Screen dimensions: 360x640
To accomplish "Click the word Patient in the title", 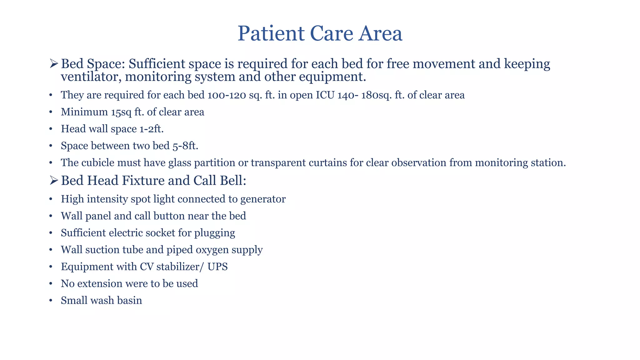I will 271,33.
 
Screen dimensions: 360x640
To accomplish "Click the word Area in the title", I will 380,33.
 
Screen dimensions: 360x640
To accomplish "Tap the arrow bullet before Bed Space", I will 54,64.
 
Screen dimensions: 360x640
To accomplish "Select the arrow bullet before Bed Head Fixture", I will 54,181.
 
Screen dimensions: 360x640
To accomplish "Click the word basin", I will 129,301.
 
